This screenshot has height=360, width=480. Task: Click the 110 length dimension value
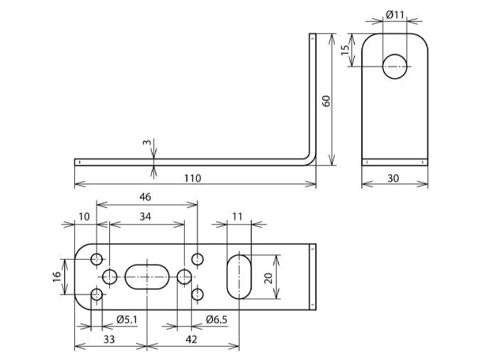coord(193,178)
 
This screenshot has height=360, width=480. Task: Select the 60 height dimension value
coord(326,101)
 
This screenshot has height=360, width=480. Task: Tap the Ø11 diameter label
coord(395,14)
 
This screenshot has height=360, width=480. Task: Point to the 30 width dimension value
coord(394,178)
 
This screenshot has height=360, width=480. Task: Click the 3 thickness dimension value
coord(147,142)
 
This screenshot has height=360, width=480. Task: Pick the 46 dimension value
coord(145,197)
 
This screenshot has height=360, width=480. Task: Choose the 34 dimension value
coord(145,217)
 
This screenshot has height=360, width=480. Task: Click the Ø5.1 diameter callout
coord(127,320)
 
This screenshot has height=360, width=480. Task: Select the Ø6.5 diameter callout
coord(217,320)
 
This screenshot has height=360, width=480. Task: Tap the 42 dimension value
coord(191,340)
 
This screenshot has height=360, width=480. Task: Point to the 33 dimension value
coord(109,340)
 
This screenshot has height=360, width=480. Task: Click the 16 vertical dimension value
coord(57,277)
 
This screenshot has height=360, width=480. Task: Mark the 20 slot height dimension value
coord(268,278)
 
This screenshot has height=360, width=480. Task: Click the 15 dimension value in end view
coord(345,50)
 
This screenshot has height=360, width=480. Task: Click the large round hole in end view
coord(395,67)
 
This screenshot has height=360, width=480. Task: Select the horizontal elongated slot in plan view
coord(147,277)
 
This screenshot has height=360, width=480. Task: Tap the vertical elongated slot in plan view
coord(239,277)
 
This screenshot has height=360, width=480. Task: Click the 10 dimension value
coord(84,217)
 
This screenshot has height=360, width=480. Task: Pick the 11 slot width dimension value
coord(237,217)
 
